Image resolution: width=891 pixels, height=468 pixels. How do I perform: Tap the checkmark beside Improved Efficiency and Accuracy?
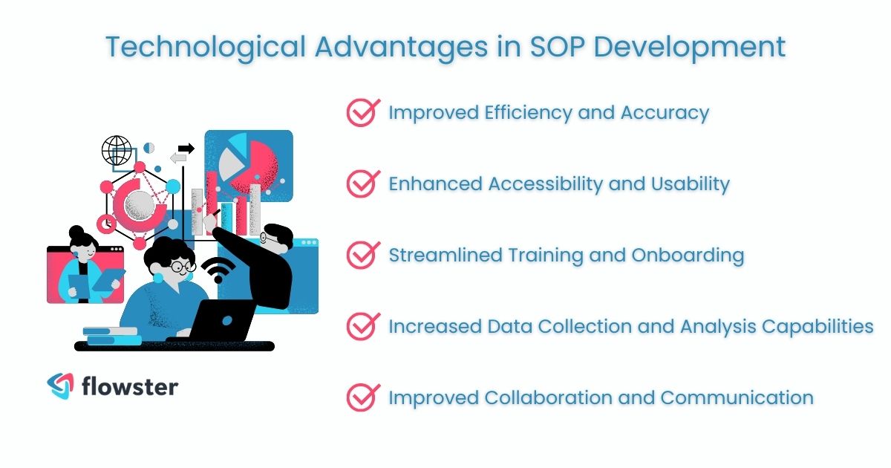point(362,113)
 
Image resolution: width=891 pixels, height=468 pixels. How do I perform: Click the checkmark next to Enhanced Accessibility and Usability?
point(362,184)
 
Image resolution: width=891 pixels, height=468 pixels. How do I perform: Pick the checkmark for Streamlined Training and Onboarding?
point(362,256)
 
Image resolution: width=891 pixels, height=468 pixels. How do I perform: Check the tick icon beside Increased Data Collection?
point(362,326)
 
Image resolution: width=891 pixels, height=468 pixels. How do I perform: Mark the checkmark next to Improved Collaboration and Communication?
point(362,397)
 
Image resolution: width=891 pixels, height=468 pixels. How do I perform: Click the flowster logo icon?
point(60,386)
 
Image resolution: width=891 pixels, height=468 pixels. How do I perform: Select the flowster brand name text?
point(131,386)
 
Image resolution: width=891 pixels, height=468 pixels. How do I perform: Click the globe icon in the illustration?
point(116,151)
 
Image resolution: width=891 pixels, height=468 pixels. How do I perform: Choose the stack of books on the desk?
point(111,336)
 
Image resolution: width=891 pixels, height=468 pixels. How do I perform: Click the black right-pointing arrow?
point(186,149)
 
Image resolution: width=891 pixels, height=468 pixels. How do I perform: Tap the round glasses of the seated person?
point(181,266)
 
